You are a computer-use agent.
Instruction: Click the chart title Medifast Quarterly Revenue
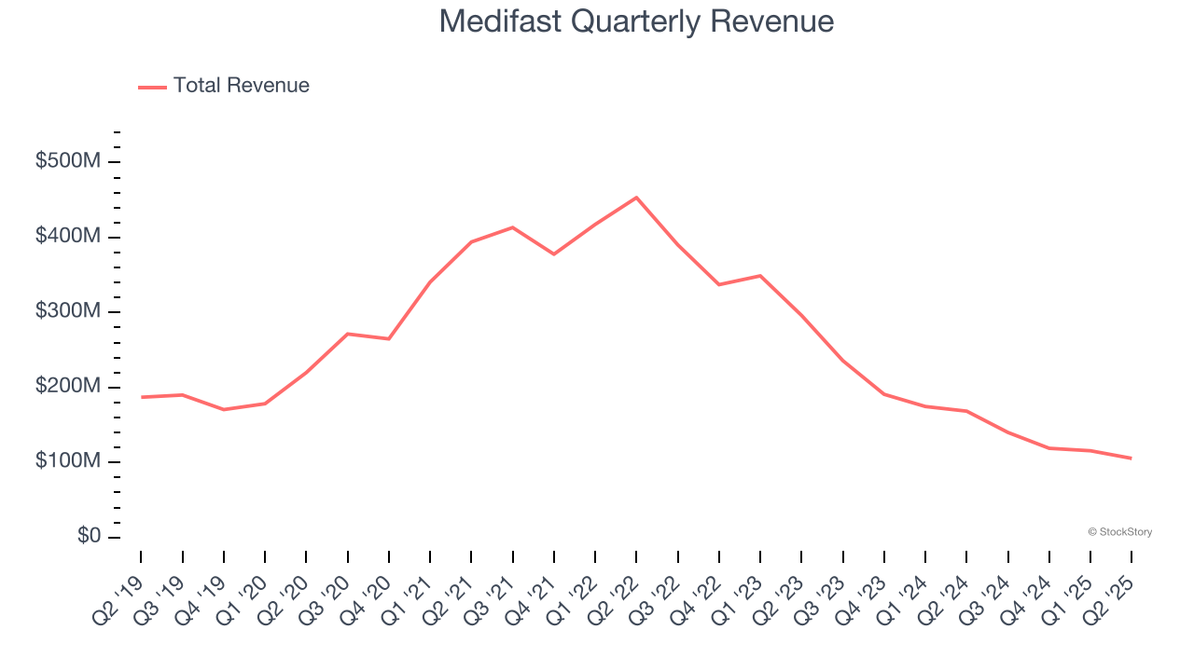636,21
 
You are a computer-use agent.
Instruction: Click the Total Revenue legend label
241,86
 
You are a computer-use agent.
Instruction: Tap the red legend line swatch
152,87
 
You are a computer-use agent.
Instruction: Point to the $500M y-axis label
67,161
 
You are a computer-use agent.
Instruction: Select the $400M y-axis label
67,237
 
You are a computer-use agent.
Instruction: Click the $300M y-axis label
67,311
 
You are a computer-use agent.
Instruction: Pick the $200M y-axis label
67,387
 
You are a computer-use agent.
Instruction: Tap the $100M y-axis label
67,461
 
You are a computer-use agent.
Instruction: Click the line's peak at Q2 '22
636,198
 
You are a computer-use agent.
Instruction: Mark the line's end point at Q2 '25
1131,458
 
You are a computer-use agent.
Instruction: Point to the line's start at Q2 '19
142,397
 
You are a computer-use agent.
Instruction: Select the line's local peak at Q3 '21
512,227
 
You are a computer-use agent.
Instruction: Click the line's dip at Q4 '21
554,254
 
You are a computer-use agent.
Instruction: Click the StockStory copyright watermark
1119,532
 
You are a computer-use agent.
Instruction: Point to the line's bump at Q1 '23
760,276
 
